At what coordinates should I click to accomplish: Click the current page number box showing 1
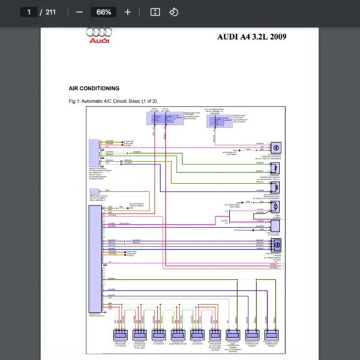(28, 12)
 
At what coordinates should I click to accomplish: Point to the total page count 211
(50, 12)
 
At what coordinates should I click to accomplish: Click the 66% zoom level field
(104, 12)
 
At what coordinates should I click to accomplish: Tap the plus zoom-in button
(128, 12)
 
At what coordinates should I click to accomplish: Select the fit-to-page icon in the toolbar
(155, 12)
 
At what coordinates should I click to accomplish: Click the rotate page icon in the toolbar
(173, 12)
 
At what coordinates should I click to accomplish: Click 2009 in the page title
(278, 37)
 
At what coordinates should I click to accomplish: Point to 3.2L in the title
(257, 37)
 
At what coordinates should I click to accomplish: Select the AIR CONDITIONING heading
(94, 88)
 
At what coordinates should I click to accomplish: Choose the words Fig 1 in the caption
(75, 101)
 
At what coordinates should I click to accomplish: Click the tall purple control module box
(95, 258)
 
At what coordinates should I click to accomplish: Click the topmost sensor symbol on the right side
(275, 148)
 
